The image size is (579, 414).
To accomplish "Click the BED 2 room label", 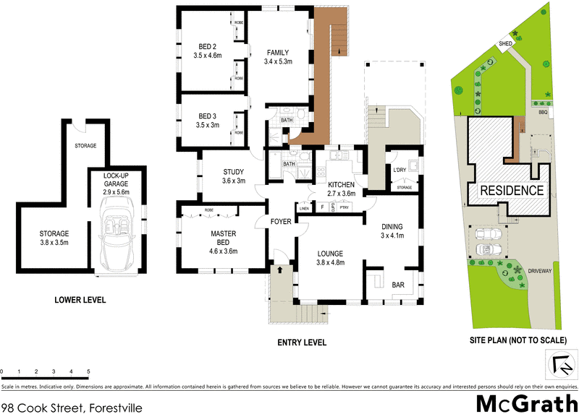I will tap(206, 49).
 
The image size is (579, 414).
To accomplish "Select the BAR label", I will tap(398, 285).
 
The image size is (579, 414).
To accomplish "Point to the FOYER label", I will tap(280, 222).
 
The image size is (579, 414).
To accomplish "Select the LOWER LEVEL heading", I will tap(80, 299).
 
